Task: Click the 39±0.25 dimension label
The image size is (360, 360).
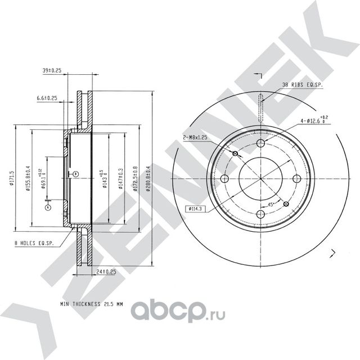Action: (52, 71)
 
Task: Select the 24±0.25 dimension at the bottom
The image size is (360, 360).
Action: (105, 272)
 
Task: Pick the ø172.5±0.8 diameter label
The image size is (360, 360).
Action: (134, 179)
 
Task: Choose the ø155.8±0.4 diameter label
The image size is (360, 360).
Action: (27, 179)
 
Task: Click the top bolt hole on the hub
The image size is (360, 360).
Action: (261, 143)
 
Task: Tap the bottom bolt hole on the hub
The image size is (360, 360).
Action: (261, 214)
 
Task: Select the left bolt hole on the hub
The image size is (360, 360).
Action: (226, 179)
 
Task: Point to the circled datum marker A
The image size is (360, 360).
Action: (48, 207)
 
